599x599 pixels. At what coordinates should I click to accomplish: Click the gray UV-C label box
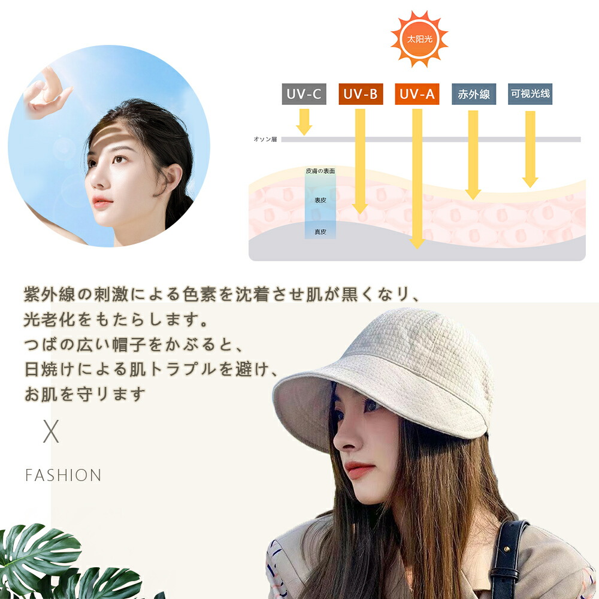[304, 94]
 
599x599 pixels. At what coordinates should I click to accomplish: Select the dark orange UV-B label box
[361, 94]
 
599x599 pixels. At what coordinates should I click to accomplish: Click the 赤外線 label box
[474, 94]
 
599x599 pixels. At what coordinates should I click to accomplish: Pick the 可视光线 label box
[530, 94]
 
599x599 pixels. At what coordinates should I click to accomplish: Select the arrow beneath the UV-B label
[360, 162]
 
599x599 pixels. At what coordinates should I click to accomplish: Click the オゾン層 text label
[264, 139]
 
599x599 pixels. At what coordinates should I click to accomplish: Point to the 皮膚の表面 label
[320, 171]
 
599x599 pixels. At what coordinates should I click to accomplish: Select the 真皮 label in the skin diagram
[320, 231]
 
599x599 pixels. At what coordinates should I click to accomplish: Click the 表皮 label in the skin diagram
[320, 200]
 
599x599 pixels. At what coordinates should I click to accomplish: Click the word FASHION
[63, 476]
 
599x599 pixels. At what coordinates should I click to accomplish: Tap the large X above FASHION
[51, 432]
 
